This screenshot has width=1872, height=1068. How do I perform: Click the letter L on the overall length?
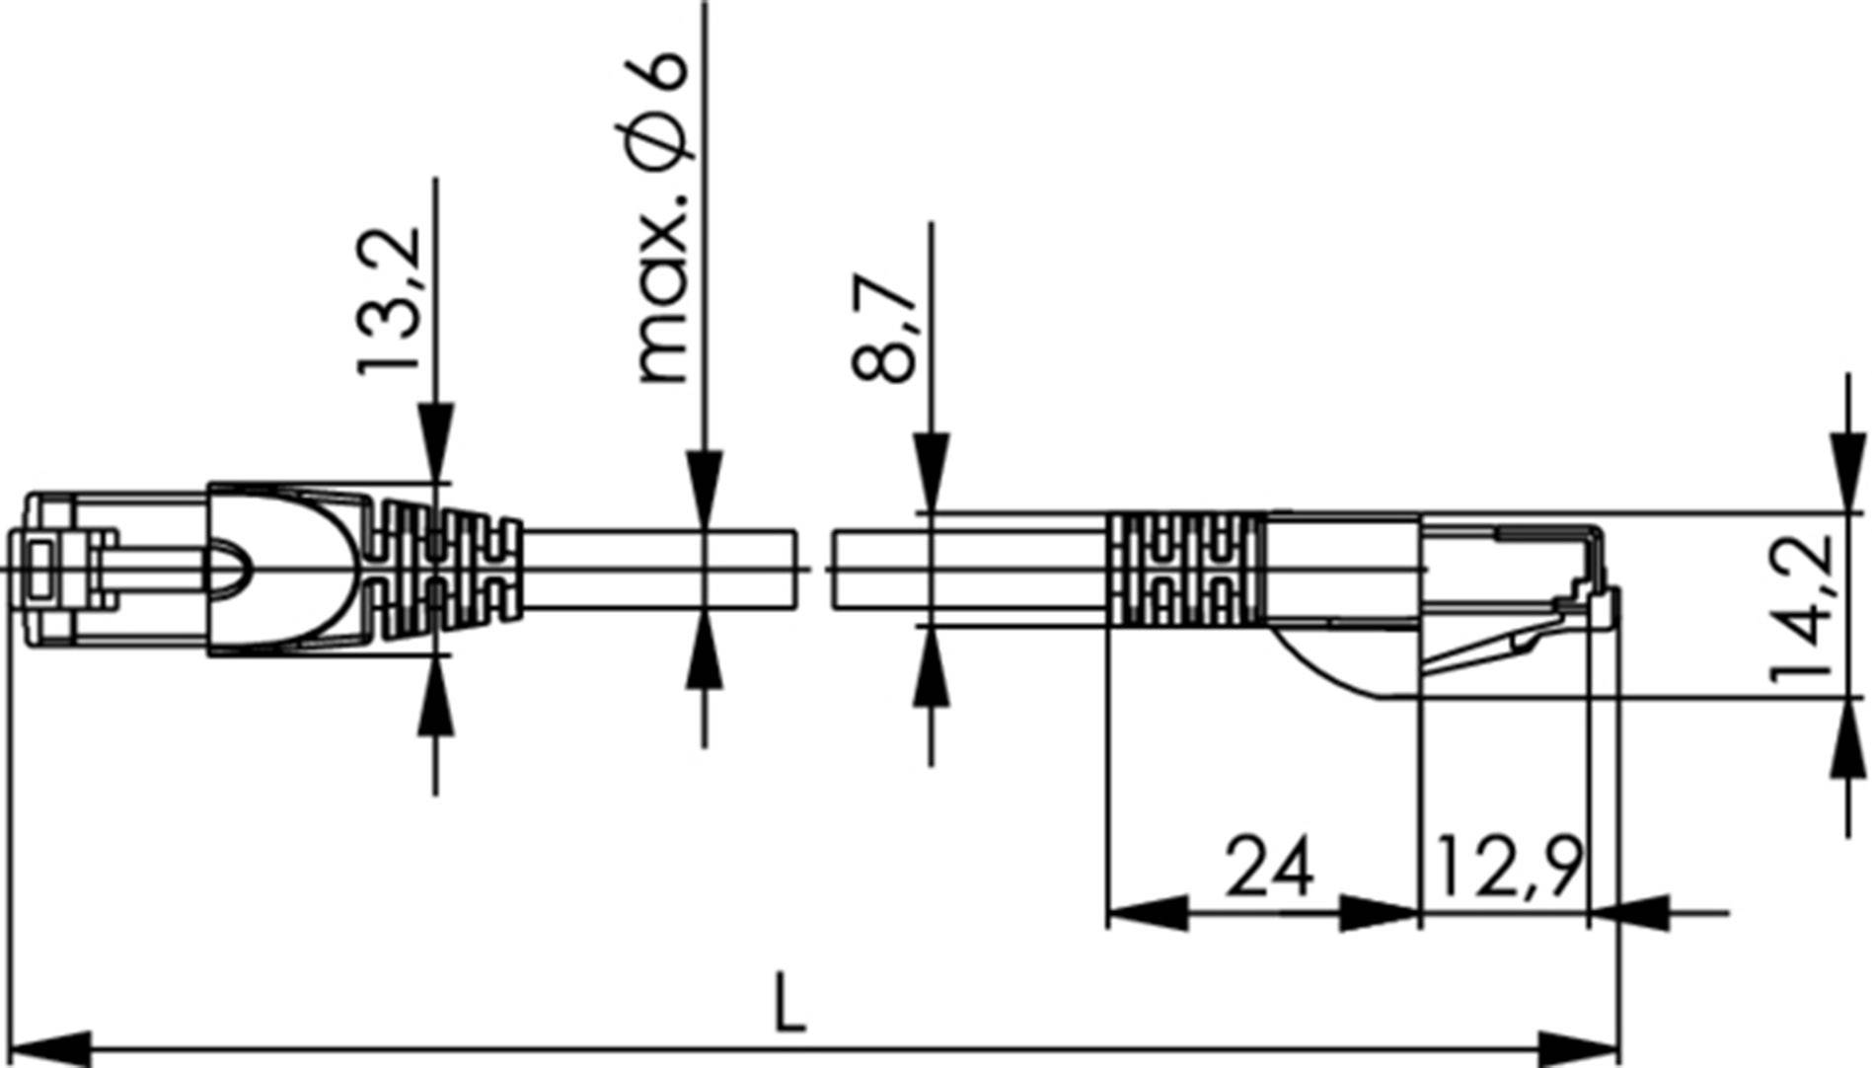coord(788,1003)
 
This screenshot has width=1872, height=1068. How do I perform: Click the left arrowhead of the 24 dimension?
coord(1145,913)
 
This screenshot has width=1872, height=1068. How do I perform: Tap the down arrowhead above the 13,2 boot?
coord(435,440)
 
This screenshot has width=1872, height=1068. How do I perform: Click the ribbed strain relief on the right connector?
coord(1184,570)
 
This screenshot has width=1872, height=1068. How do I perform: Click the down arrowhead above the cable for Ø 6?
coord(704,489)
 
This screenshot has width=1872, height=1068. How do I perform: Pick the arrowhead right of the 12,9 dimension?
coord(1628,913)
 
